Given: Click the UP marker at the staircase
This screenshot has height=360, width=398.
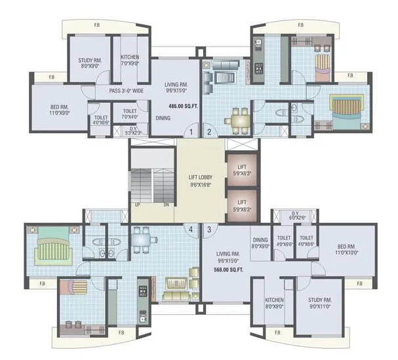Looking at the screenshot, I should tap(136, 205).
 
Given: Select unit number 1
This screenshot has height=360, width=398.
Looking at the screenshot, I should tap(190, 132).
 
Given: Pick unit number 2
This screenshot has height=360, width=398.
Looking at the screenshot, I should tap(209, 132).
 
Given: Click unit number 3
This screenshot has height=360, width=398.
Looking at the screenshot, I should tap(209, 229).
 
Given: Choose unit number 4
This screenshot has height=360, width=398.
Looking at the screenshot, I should tap(191, 229).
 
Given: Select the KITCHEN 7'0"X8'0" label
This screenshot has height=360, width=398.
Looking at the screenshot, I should tap(130, 60).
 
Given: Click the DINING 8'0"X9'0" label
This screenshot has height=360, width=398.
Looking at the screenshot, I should tap(261, 243).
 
